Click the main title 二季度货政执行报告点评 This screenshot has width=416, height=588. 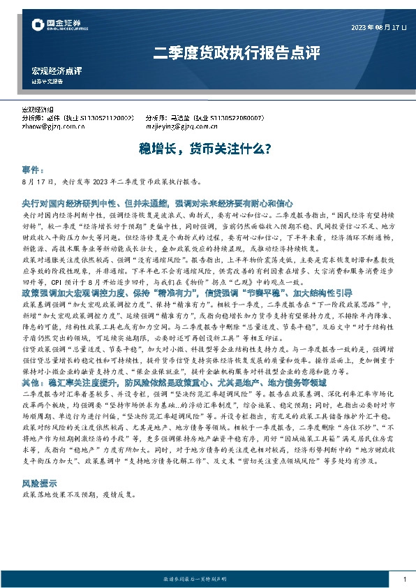[x=236, y=52]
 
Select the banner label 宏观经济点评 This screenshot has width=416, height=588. [x=57, y=71]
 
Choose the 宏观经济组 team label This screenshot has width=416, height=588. [x=40, y=111]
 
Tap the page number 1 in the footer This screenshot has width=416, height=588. [x=404, y=579]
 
